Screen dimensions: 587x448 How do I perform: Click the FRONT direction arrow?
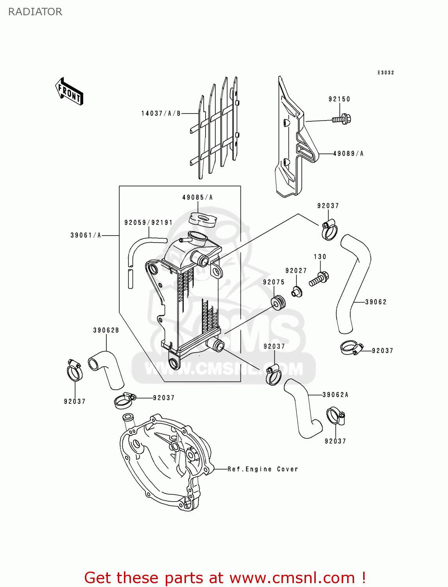tap(69, 92)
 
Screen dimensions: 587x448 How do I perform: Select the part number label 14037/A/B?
tap(161, 113)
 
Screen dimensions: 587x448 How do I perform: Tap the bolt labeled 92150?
tap(342, 119)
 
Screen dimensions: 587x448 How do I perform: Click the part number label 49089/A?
tap(348, 154)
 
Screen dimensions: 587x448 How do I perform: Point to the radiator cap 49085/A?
tap(202, 219)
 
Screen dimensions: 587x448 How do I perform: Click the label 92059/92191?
tap(148, 223)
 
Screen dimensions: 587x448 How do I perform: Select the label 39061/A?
tap(86, 235)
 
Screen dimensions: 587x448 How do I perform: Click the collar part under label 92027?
tap(297, 292)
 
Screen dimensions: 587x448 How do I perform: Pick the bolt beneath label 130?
tap(319, 279)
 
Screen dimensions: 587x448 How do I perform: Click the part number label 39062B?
tap(106, 330)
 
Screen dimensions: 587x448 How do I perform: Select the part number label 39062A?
tap(335, 395)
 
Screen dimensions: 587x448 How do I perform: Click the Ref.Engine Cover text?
tap(263, 469)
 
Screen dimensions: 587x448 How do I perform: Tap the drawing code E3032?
tap(385, 73)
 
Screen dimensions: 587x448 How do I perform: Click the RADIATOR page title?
tap(35, 12)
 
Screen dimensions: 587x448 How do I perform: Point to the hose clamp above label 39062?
tap(329, 230)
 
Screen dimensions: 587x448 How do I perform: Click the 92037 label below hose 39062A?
tap(335, 441)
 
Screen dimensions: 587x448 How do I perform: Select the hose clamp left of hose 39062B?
tap(74, 370)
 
